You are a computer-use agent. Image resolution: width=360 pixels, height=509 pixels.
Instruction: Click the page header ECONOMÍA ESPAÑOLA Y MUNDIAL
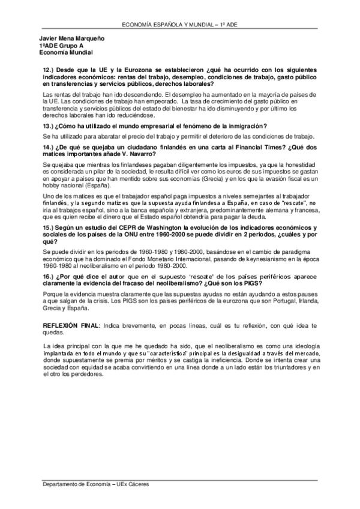click(x=180, y=25)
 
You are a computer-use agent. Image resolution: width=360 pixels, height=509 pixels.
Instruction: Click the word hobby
click(x=52, y=186)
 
